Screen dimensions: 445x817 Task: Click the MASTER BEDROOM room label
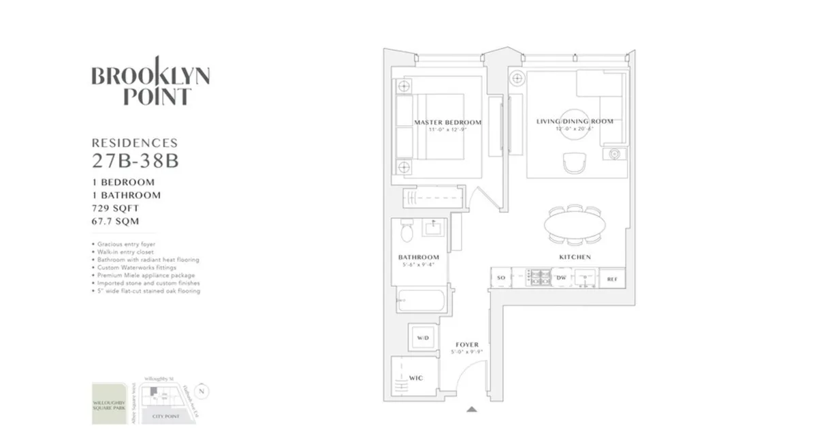coord(447,123)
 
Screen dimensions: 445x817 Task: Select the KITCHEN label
coord(575,257)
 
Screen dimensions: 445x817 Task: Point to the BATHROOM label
coord(419,258)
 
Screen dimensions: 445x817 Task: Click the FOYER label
coord(466,345)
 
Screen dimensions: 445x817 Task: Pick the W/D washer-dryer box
coord(422,337)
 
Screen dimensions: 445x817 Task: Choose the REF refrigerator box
coord(611,278)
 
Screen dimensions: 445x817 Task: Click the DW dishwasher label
coord(562,278)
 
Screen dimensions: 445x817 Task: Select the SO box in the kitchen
coord(501,278)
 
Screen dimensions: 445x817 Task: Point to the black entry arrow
coord(471,410)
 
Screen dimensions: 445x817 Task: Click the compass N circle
coord(201,391)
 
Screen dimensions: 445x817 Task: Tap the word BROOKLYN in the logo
coord(150,75)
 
